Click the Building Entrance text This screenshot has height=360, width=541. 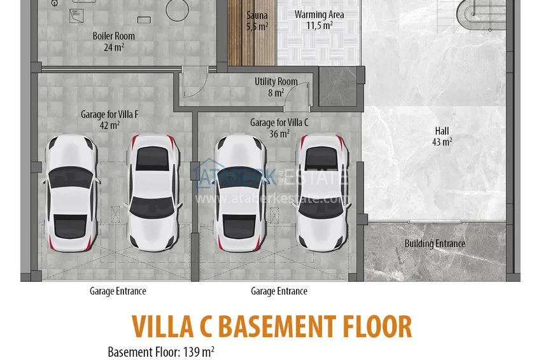pyautogui.click(x=435, y=244)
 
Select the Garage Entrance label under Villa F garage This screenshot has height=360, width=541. pyautogui.click(x=118, y=291)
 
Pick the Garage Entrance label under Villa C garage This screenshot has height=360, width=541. pyautogui.click(x=279, y=291)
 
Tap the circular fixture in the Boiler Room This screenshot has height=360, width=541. pyautogui.click(x=176, y=9)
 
